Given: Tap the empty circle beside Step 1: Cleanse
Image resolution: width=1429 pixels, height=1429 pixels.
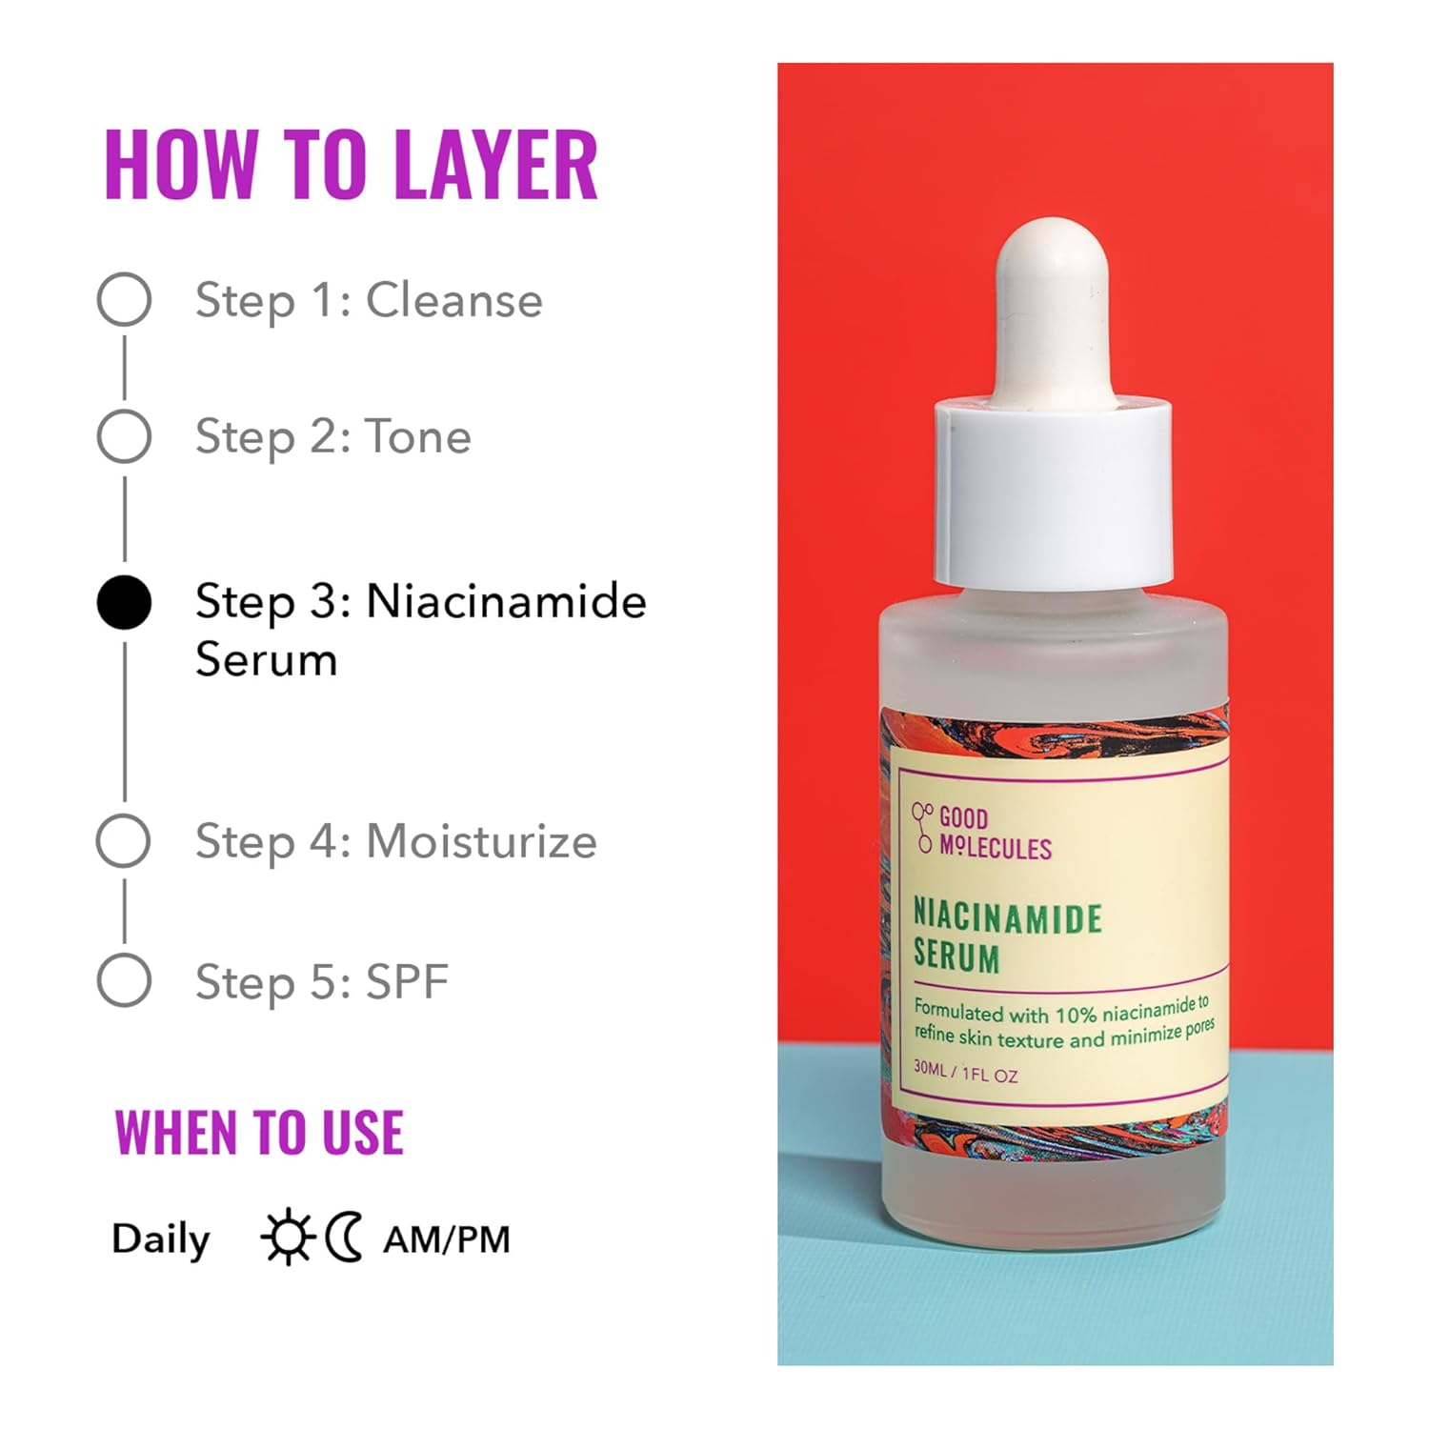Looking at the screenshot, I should click(x=124, y=300).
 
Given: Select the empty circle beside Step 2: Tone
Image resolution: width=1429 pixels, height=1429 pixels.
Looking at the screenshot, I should click(x=124, y=436).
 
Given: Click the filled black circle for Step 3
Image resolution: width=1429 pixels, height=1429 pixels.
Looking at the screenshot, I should click(x=124, y=603).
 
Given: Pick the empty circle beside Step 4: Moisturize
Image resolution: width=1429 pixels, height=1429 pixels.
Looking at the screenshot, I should click(x=124, y=841).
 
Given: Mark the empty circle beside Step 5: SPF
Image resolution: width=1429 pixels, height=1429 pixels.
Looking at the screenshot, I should click(x=124, y=980).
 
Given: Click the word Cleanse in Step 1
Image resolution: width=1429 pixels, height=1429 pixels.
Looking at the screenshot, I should click(x=454, y=301).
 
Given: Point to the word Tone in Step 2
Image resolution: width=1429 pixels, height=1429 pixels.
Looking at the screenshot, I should click(x=418, y=437).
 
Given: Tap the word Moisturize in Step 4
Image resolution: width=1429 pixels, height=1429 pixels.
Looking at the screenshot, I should click(x=481, y=842).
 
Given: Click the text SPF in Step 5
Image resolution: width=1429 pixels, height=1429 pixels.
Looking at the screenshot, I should click(x=407, y=982).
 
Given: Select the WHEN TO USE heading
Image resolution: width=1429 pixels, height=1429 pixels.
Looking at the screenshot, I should click(x=259, y=1133).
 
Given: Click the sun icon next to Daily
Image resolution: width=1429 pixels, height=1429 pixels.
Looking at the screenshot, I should click(x=287, y=1238).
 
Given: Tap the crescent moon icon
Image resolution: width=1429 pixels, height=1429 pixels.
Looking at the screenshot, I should click(x=344, y=1238).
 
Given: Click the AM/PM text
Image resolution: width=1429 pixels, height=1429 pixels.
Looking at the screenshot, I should click(x=447, y=1239).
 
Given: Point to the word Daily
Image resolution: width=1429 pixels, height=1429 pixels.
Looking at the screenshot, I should click(x=160, y=1239).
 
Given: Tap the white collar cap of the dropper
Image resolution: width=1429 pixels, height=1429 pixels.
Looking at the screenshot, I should click(x=1053, y=491).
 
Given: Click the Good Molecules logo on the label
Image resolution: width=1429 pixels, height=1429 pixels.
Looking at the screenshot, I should click(x=981, y=833).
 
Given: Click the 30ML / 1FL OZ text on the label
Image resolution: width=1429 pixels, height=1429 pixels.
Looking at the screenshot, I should click(x=965, y=1072).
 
